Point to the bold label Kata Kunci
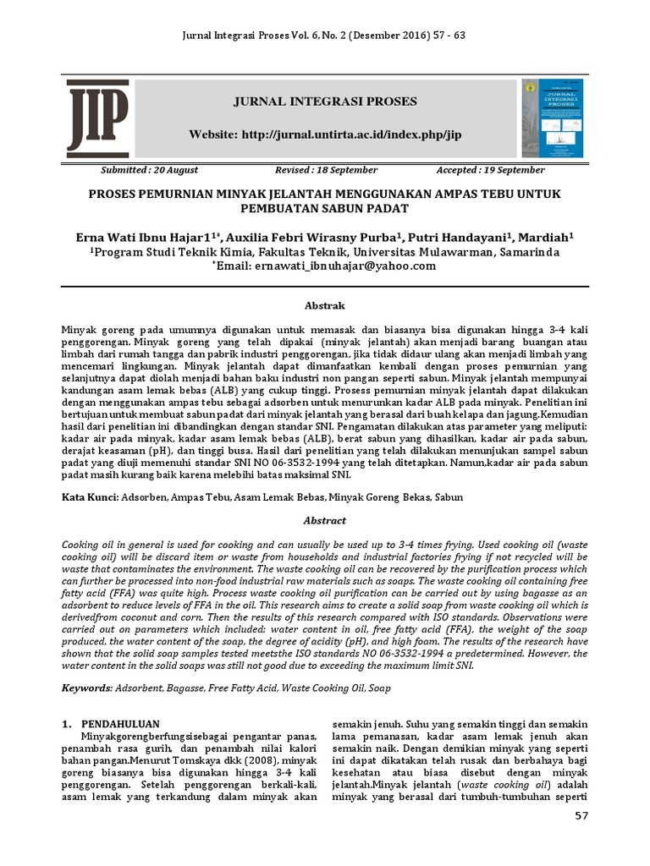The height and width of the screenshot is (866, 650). pos(91,497)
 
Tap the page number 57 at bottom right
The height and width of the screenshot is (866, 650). pos(579,816)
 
